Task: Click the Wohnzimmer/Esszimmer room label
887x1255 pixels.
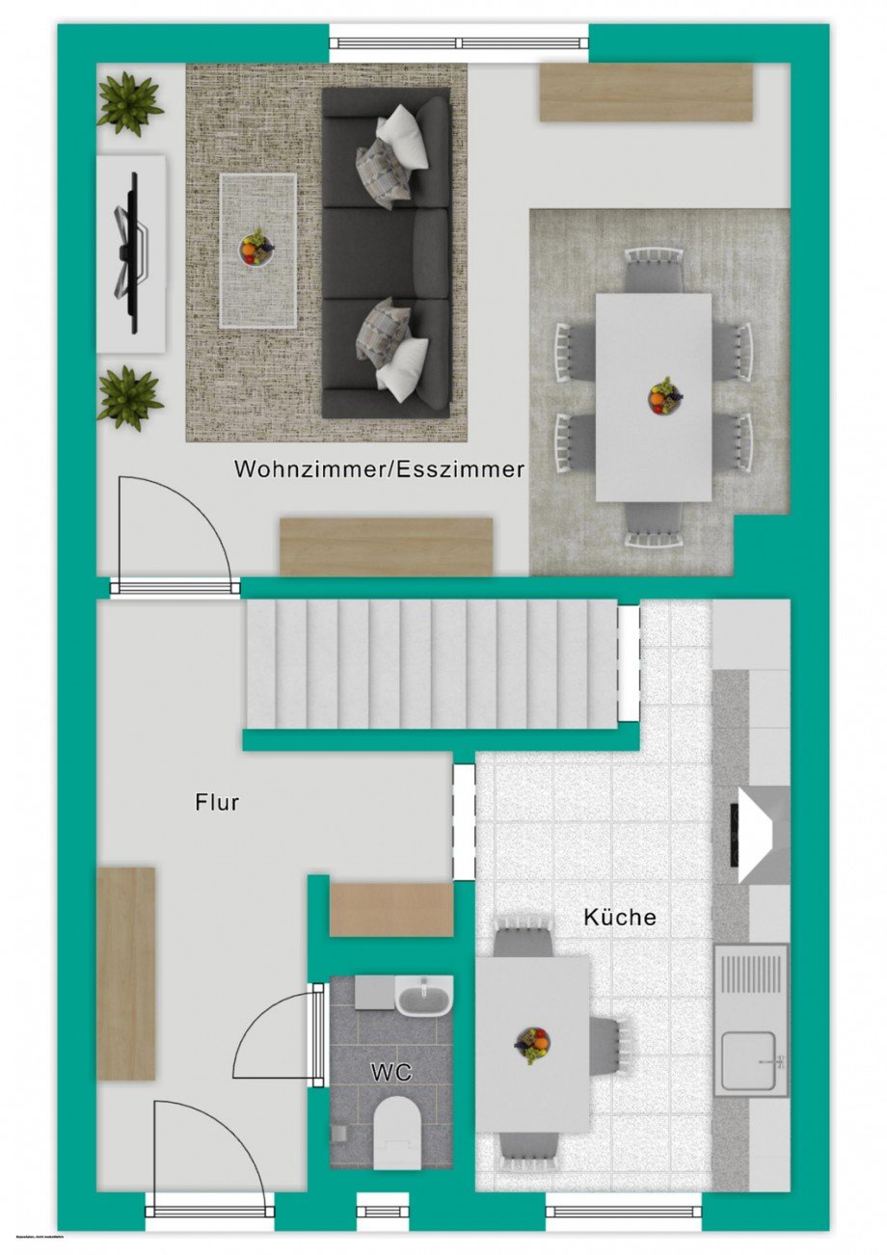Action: pyautogui.click(x=379, y=469)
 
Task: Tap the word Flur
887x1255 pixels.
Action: pyautogui.click(x=217, y=801)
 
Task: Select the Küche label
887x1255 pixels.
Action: pyautogui.click(x=620, y=917)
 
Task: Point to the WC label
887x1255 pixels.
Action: pyautogui.click(x=391, y=1072)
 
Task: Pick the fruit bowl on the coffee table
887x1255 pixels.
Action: pyautogui.click(x=256, y=247)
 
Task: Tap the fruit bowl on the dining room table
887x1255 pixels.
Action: pyautogui.click(x=663, y=395)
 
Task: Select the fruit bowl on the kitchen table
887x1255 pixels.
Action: pyautogui.click(x=532, y=1044)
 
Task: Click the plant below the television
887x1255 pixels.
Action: pyautogui.click(x=129, y=396)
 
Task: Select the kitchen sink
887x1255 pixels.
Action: pyautogui.click(x=750, y=1053)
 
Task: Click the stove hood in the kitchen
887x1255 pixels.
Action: pyautogui.click(x=762, y=835)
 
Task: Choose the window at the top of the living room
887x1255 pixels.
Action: pyautogui.click(x=459, y=42)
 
